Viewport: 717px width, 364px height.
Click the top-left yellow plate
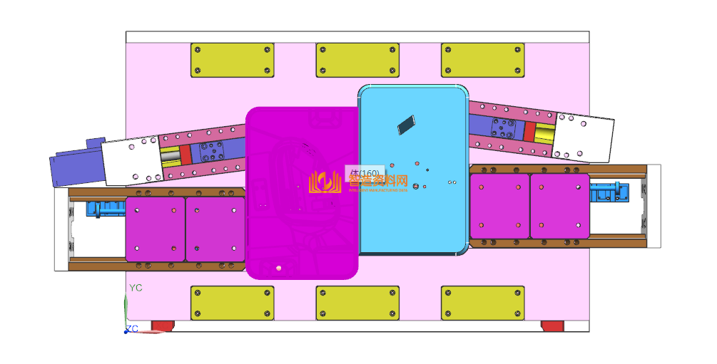pyautogui.click(x=232, y=60)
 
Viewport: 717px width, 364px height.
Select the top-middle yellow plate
pyautogui.click(x=357, y=60)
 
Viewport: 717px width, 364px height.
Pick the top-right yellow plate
pyautogui.click(x=482, y=60)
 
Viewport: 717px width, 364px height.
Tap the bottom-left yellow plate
pyautogui.click(x=232, y=303)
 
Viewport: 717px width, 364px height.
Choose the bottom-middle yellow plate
pyautogui.click(x=357, y=303)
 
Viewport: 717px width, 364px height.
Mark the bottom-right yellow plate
pyautogui.click(x=482, y=303)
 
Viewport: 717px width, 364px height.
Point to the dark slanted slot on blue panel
pyautogui.click(x=407, y=125)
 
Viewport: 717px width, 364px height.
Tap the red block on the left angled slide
pyautogui.click(x=185, y=155)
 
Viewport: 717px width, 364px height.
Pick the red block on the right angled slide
pyautogui.click(x=529, y=132)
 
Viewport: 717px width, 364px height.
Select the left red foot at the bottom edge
pyautogui.click(x=162, y=326)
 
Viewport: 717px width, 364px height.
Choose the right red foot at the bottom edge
pyautogui.click(x=552, y=326)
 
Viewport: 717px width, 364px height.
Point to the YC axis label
pyautogui.click(x=136, y=288)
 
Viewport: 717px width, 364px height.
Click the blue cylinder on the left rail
pyautogui.click(x=105, y=209)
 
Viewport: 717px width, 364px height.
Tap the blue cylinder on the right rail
pyautogui.click(x=610, y=192)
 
